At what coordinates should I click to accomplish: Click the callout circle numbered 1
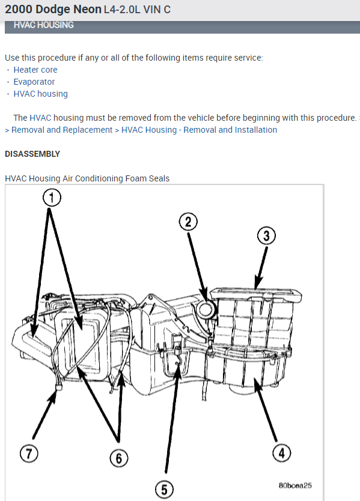point(52,197)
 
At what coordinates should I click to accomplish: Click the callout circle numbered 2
point(188,222)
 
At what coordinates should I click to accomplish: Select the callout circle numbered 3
point(266,236)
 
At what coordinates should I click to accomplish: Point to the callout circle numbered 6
point(119,458)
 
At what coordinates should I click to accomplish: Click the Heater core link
point(35,70)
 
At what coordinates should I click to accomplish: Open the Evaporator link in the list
point(34,82)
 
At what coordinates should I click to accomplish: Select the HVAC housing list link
point(40,94)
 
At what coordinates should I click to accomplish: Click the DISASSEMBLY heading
point(32,154)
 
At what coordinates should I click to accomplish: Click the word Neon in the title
point(86,10)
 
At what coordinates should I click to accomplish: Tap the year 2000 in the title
point(18,10)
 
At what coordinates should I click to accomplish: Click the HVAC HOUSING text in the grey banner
point(43,25)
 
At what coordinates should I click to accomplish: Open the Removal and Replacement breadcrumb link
point(62,130)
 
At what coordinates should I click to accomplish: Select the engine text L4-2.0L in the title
point(125,10)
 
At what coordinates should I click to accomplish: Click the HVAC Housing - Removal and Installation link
point(199,130)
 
